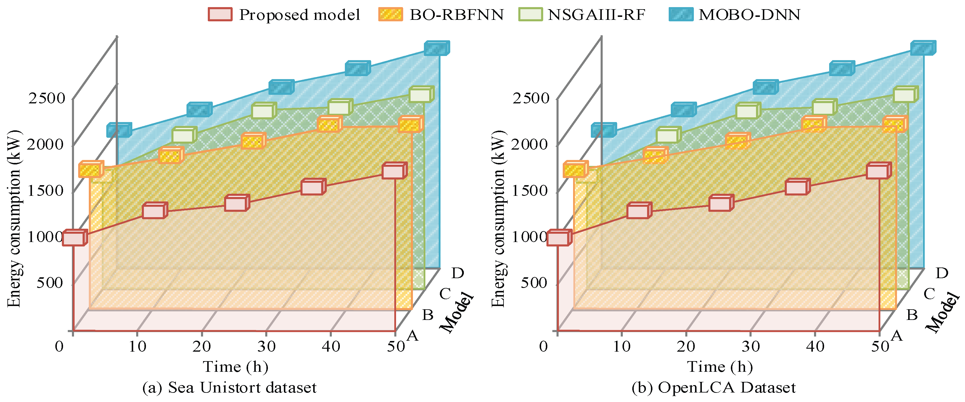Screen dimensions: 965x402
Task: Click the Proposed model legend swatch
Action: tap(220, 14)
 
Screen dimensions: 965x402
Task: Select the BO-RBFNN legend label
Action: tap(457, 15)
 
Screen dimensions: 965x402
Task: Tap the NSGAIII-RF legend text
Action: tap(597, 15)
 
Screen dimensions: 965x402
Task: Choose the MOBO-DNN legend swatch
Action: tap(681, 14)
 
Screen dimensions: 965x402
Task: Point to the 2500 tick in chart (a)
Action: tap(47, 98)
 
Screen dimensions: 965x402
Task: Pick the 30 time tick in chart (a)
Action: tap(266, 346)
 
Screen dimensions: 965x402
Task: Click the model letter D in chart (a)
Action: tap(458, 273)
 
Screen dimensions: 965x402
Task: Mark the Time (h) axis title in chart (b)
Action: tap(720, 366)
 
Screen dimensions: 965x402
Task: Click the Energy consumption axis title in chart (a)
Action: tap(14, 219)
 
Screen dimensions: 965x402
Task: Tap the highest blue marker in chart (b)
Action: tap(923, 48)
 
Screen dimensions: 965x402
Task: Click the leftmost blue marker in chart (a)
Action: tap(119, 130)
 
